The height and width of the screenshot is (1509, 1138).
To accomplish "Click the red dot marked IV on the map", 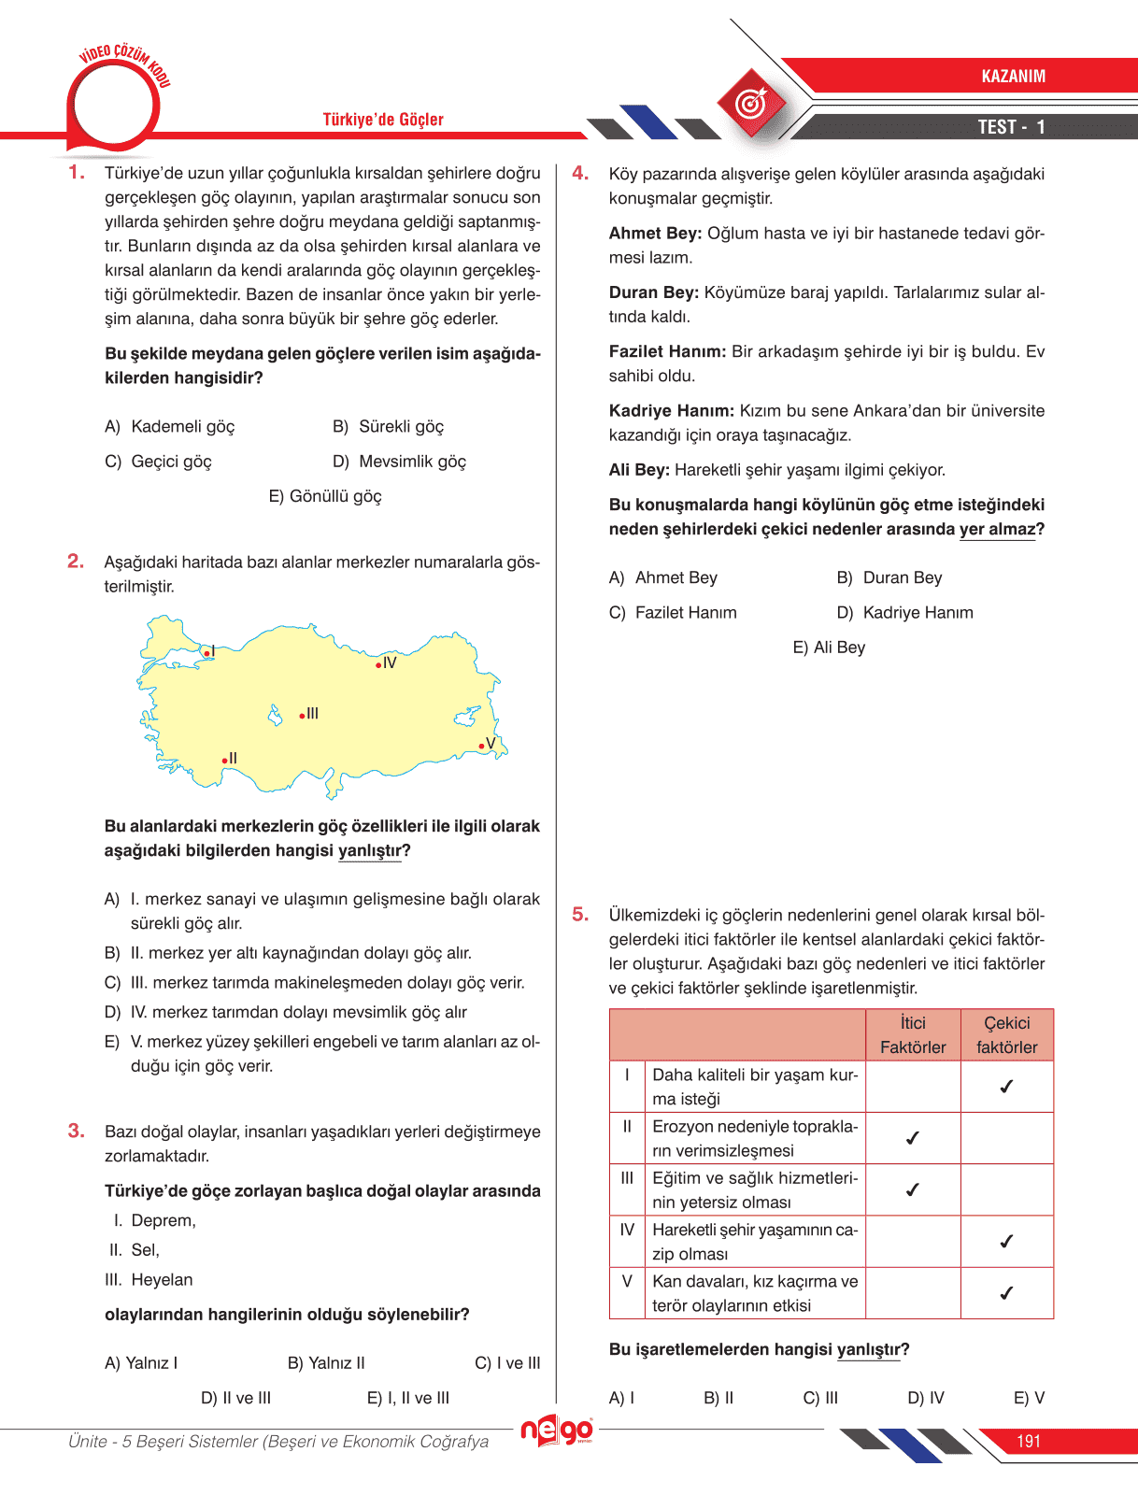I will click(x=378, y=665).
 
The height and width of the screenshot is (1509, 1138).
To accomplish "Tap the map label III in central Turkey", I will click(x=312, y=714).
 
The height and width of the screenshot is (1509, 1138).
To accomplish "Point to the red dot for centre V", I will click(x=481, y=746).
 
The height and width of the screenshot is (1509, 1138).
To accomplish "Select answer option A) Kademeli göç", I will click(x=170, y=427).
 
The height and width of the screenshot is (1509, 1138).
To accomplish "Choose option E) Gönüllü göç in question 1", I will click(x=325, y=496).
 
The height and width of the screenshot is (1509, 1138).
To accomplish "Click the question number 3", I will click(x=76, y=1132).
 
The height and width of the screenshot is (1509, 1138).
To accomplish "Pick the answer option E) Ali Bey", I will click(x=829, y=648).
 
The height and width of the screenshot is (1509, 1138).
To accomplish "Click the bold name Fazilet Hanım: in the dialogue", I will click(x=667, y=352).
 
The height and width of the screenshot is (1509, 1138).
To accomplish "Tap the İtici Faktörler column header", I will click(x=913, y=1035).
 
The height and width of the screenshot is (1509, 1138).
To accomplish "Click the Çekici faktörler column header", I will click(x=1006, y=1035).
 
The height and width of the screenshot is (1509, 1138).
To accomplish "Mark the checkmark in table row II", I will click(x=913, y=1138).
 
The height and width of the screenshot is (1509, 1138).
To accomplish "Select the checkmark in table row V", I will click(x=1006, y=1293).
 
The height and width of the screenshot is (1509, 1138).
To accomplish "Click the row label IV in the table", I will click(x=627, y=1230).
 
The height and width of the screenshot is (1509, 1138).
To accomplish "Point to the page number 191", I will click(x=1028, y=1442).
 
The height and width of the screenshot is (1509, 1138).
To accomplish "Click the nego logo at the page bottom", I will click(x=557, y=1431).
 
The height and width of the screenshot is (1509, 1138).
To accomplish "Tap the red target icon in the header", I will click(x=751, y=103).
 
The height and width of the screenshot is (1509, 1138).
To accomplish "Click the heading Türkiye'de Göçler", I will click(x=383, y=120).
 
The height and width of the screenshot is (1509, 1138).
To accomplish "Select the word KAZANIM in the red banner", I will click(x=1013, y=77).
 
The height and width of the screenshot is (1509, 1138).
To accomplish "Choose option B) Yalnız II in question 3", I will click(x=326, y=1363).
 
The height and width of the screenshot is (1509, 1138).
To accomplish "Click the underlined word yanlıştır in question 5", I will click(x=868, y=1350).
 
